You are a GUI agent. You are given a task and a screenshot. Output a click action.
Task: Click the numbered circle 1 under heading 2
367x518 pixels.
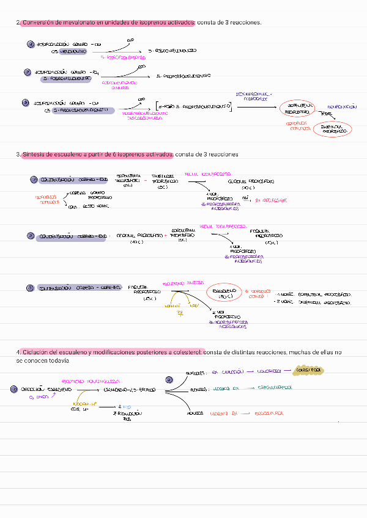click(x=31, y=45)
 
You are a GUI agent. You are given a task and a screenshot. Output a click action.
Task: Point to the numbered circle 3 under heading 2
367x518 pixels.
click(x=25, y=103)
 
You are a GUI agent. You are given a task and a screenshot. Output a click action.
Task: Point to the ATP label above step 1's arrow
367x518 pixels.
click(x=130, y=40)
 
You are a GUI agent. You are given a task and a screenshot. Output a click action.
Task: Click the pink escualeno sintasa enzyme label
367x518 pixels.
click(x=183, y=283)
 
